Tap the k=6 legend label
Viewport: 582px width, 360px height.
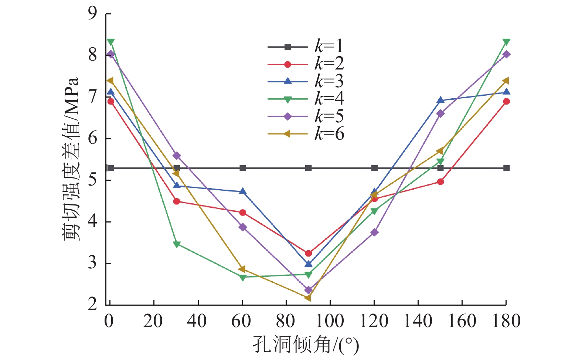pos(329,134)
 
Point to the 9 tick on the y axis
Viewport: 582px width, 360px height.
pos(92,14)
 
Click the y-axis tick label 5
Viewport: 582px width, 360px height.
pos(92,180)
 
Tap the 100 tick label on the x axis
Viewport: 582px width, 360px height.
pos(330,321)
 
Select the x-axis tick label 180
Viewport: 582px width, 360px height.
pos(506,321)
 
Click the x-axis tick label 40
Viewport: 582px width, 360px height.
pos(197,321)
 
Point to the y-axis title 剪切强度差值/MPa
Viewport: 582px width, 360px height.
pos(71,159)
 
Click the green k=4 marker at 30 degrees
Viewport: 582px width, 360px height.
pos(177,244)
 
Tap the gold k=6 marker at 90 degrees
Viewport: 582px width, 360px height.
pos(308,298)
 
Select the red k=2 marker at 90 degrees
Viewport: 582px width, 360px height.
pos(309,254)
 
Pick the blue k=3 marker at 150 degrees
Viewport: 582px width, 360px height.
pos(440,100)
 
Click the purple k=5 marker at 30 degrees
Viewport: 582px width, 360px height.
pos(177,156)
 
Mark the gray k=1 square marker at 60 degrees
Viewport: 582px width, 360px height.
pos(243,168)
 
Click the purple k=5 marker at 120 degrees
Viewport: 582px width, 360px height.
pos(375,232)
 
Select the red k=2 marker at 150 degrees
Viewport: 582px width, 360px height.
pos(440,182)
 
